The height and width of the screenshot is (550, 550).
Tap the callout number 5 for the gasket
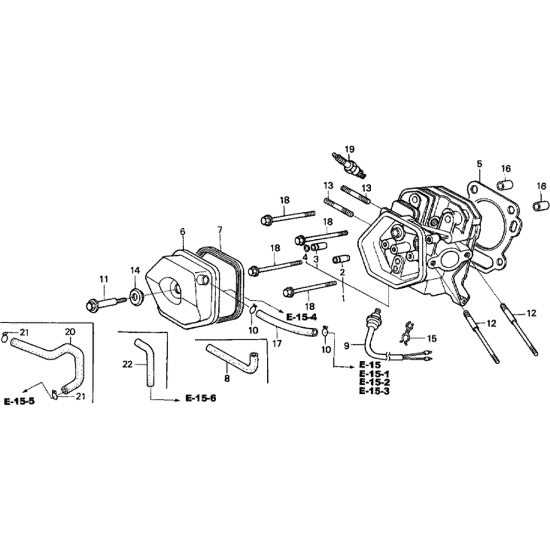click(x=479, y=163)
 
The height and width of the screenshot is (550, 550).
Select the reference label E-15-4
click(x=301, y=317)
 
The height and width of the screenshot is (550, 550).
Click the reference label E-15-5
click(x=19, y=401)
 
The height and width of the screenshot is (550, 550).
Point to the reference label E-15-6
click(x=200, y=399)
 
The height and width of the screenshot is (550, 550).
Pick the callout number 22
click(x=128, y=364)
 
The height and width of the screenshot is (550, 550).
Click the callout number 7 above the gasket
click(x=219, y=228)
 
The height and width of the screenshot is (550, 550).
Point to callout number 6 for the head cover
click(x=182, y=232)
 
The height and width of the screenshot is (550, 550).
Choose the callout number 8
click(x=227, y=378)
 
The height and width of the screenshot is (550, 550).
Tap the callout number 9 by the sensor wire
click(x=346, y=345)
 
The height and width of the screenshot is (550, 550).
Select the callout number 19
click(x=349, y=149)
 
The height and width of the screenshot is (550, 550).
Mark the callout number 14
click(x=135, y=269)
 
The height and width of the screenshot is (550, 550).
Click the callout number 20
click(x=70, y=332)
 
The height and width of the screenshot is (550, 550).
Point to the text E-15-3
click(x=374, y=391)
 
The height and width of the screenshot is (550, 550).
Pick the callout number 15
click(x=432, y=338)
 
